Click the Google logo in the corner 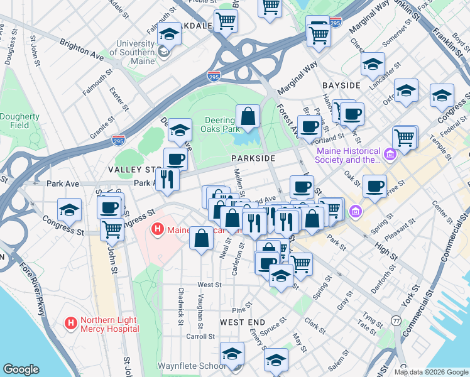21,369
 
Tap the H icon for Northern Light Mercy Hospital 71,324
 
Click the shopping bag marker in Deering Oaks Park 248,116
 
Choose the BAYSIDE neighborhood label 341,85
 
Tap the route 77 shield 396,320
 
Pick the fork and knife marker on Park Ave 167,179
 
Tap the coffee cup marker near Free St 374,187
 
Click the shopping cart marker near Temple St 405,137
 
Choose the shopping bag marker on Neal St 202,239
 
